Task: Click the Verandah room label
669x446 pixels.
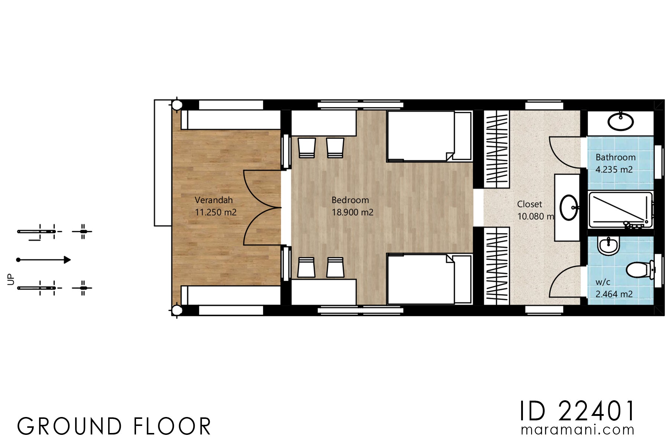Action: (214, 200)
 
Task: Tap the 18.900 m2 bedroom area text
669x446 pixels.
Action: (352, 213)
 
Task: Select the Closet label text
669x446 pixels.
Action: (529, 204)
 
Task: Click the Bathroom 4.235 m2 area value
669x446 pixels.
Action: (614, 170)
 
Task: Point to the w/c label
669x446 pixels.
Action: (602, 282)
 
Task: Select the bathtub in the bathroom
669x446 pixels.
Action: (620, 210)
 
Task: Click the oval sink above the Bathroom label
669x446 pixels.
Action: (620, 122)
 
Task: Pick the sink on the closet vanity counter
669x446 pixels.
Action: (568, 208)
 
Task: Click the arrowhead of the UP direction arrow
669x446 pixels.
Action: (67, 260)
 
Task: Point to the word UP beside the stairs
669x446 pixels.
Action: (11, 279)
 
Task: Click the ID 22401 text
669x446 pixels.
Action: (577, 411)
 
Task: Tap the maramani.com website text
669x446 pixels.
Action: (577, 430)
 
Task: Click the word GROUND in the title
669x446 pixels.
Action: (70, 427)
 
